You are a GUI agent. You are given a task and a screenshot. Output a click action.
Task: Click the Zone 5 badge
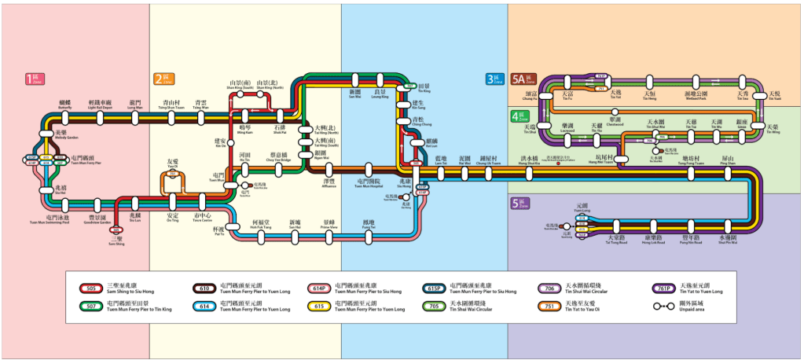(520, 204)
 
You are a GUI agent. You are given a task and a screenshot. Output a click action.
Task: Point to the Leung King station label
(380, 95)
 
